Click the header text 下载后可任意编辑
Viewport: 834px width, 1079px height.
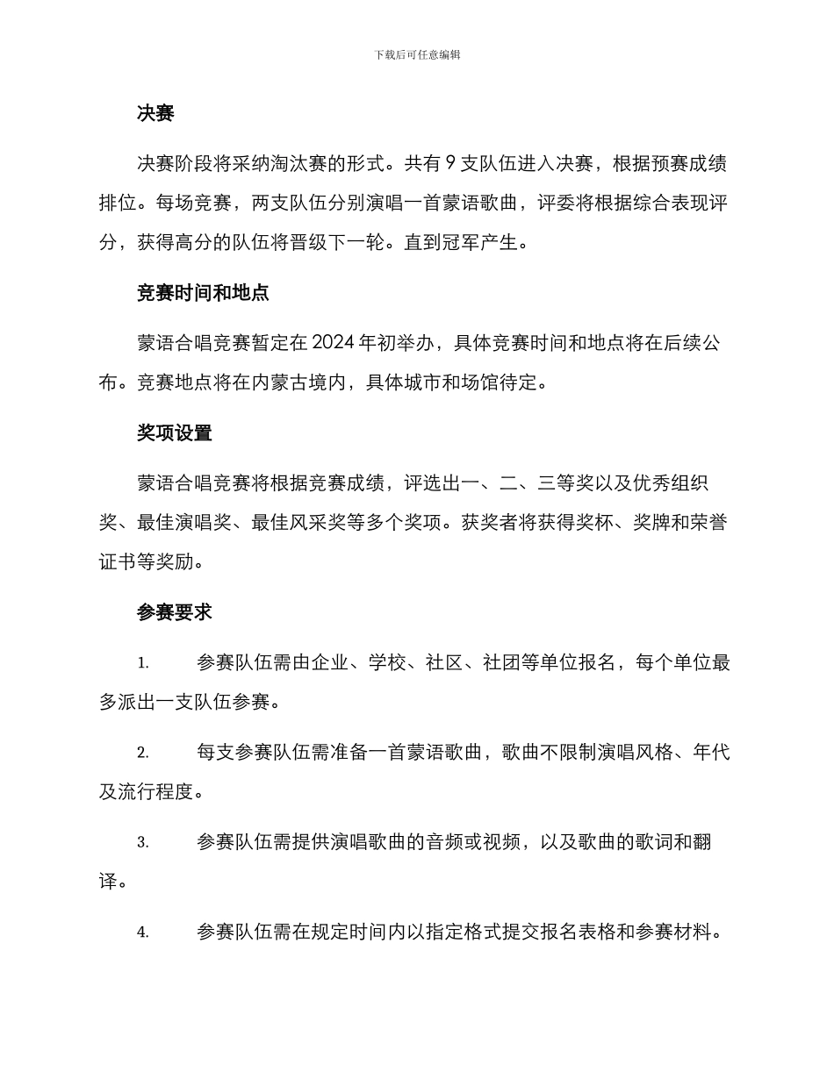[x=417, y=54]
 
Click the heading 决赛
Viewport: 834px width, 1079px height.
[x=155, y=113]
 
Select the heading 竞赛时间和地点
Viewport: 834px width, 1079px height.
[x=203, y=293]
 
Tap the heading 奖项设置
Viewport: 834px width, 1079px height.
[x=175, y=433]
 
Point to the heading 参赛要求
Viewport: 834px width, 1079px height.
[x=175, y=613]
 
